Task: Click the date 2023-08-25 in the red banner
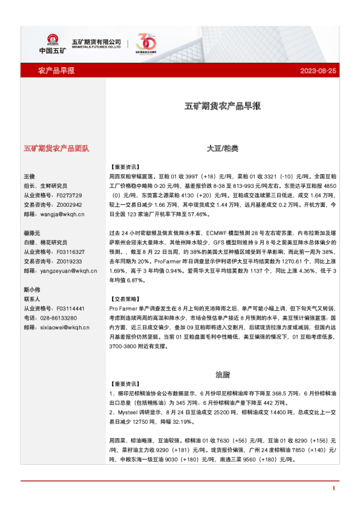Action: tap(318, 71)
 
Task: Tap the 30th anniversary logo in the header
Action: tap(147, 43)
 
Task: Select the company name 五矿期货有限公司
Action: tap(97, 41)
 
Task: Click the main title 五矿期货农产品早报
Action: tap(223, 106)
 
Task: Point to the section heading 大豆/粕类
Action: tap(223, 148)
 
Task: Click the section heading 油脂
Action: tap(223, 374)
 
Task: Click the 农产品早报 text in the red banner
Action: tap(56, 71)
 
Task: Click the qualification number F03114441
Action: tap(70, 308)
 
